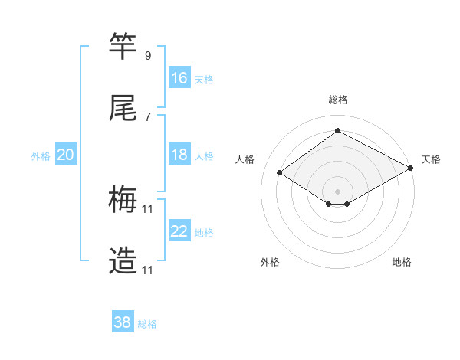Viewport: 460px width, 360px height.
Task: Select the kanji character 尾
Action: click(x=123, y=109)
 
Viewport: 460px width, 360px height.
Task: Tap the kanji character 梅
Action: click(x=123, y=201)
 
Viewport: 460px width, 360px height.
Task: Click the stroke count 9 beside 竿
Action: click(x=147, y=56)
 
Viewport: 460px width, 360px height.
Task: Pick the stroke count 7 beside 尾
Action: click(x=147, y=117)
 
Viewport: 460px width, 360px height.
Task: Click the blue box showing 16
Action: click(x=179, y=78)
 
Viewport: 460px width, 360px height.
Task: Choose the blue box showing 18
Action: click(x=179, y=155)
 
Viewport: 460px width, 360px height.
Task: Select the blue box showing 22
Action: click(x=179, y=231)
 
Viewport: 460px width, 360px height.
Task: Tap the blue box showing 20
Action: click(x=66, y=155)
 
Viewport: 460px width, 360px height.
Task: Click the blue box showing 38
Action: click(x=123, y=322)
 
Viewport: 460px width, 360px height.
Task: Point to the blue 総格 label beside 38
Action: click(x=147, y=324)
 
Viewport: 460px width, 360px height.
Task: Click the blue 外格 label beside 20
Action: click(x=41, y=156)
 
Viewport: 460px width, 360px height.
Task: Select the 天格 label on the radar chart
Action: click(x=431, y=159)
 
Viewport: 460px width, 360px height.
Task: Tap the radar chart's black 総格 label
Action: click(x=338, y=100)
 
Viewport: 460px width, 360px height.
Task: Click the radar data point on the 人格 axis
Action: click(x=280, y=173)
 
